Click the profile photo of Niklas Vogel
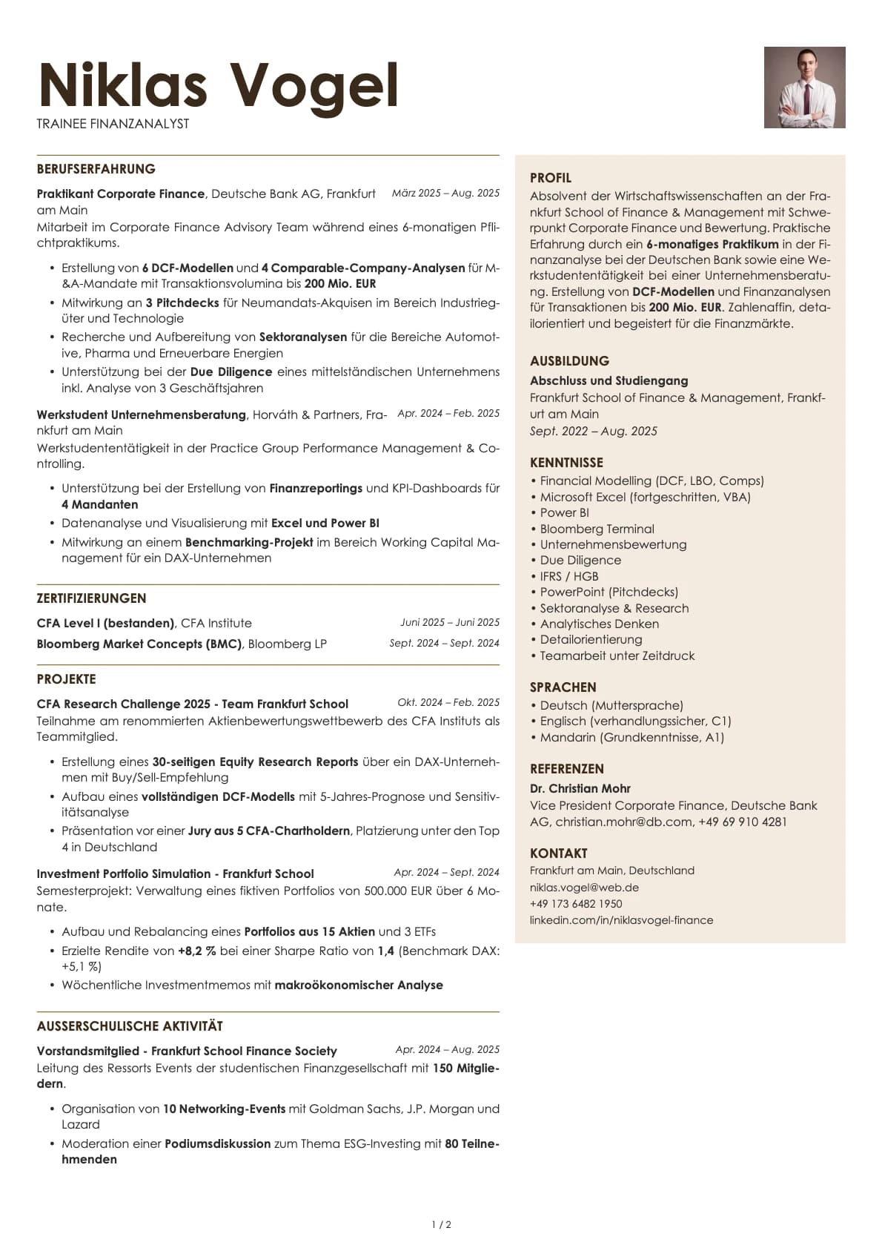[x=804, y=88]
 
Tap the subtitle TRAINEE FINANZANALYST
[x=113, y=124]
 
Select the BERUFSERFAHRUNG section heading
[x=96, y=169]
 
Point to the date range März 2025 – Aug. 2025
[x=445, y=193]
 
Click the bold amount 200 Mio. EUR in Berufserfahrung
[x=340, y=283]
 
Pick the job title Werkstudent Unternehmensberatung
[x=141, y=415]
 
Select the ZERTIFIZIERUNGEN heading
[x=91, y=598]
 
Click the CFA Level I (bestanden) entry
[x=105, y=623]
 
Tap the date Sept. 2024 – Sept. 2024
[x=444, y=643]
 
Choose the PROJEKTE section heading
[x=66, y=679]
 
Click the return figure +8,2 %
[x=196, y=951]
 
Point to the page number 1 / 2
[x=441, y=1225]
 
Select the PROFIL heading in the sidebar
[x=550, y=178]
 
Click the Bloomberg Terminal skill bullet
[x=597, y=529]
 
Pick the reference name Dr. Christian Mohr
[x=580, y=788]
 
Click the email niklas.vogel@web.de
[x=584, y=887]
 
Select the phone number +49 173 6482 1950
[x=576, y=903]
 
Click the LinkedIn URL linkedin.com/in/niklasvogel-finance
[x=621, y=920]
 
